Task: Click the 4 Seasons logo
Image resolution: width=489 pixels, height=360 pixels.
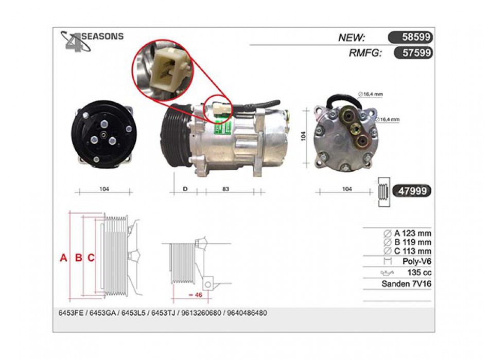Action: [92, 41]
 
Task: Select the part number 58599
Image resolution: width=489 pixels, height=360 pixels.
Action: [416, 37]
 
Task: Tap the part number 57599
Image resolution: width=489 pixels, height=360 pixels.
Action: [416, 52]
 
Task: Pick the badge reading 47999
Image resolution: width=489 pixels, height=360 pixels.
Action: [412, 191]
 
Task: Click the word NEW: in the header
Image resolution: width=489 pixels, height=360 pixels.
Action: [352, 38]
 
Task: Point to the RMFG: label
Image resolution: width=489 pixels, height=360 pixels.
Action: [365, 53]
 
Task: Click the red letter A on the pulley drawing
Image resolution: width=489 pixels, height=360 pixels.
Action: [64, 258]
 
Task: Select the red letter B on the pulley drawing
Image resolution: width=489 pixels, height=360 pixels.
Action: [79, 258]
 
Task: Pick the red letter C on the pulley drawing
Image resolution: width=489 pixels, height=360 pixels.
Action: [91, 258]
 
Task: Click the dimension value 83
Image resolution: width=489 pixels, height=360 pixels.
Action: [225, 189]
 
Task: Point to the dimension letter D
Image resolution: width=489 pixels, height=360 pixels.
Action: [185, 189]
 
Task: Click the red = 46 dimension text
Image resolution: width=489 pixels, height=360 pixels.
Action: [196, 295]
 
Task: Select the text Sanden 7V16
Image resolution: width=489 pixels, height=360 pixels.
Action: [406, 284]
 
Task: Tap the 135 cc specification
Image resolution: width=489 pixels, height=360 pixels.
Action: [419, 273]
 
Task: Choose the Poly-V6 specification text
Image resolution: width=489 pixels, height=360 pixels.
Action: [416, 261]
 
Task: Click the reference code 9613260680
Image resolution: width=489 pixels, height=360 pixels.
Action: [201, 313]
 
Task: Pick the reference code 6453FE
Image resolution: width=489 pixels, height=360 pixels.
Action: [71, 313]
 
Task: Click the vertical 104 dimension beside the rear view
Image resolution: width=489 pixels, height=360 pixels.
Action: [303, 136]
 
